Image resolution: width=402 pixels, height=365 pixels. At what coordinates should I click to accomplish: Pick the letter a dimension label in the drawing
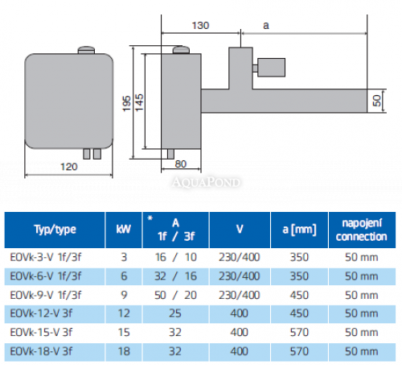click(x=266, y=25)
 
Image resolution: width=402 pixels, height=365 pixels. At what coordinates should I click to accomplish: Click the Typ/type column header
click(x=55, y=230)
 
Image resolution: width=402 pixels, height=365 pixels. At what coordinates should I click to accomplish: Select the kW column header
click(x=123, y=230)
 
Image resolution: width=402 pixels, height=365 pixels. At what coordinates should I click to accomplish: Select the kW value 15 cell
click(x=123, y=331)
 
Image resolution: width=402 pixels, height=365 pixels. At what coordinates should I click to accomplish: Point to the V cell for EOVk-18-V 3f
click(x=240, y=350)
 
